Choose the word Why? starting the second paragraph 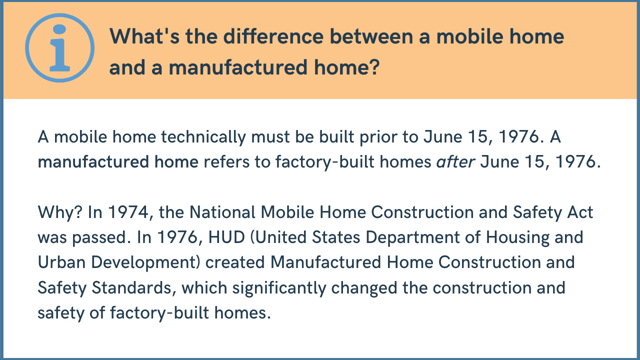tap(61, 214)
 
